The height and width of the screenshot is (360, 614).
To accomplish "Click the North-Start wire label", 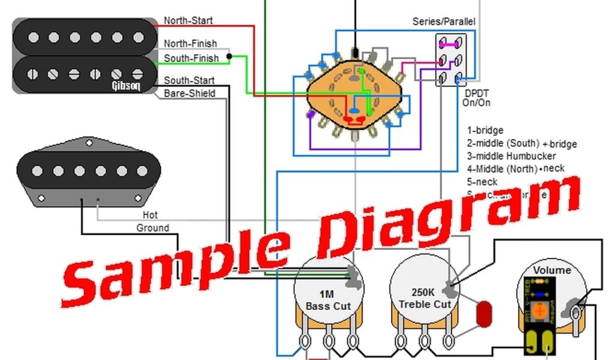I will [x=188, y=20].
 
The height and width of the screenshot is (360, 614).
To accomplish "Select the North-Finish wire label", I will [x=190, y=44].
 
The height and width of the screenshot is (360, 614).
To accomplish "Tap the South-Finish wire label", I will [x=191, y=58].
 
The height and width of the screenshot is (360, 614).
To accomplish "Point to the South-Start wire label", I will [x=189, y=80].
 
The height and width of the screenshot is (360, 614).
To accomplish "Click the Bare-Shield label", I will [x=189, y=94].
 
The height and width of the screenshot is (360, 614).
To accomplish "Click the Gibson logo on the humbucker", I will [x=126, y=85].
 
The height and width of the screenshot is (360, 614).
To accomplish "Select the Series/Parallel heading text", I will [x=444, y=22].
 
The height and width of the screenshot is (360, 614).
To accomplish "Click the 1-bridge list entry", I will [x=485, y=130].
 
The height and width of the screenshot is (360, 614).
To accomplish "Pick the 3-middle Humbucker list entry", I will [x=511, y=156].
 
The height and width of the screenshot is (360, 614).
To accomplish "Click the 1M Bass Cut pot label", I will [x=327, y=300].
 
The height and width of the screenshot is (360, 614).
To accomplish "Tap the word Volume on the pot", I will [x=552, y=270].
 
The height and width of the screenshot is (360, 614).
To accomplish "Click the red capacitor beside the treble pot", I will [x=483, y=313].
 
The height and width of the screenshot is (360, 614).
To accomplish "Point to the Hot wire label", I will [x=151, y=215].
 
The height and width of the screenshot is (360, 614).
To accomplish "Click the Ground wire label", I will [x=153, y=228].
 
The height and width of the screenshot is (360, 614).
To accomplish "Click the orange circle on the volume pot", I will [x=540, y=311].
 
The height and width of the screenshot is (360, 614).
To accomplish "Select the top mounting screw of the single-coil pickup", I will [x=89, y=143].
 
